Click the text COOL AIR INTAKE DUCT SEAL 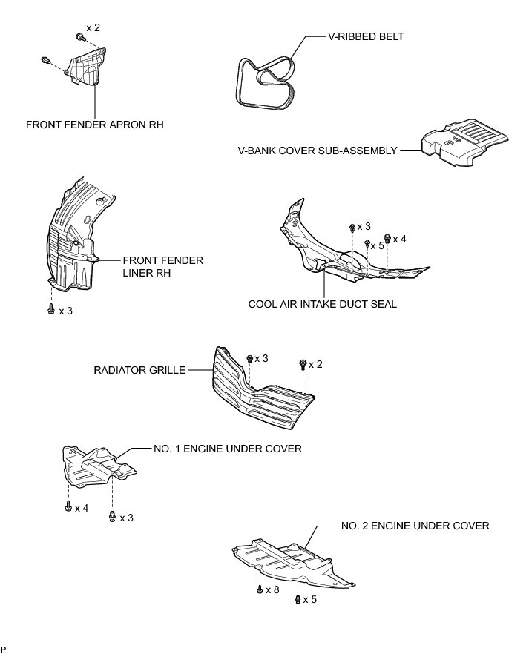coord(323,304)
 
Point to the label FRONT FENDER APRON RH coord(94,125)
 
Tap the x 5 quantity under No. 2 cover coord(309,598)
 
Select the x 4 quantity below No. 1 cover coord(81,509)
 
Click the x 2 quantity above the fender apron coord(93,27)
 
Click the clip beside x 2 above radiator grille coord(302,364)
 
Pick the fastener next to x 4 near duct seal coord(386,238)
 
